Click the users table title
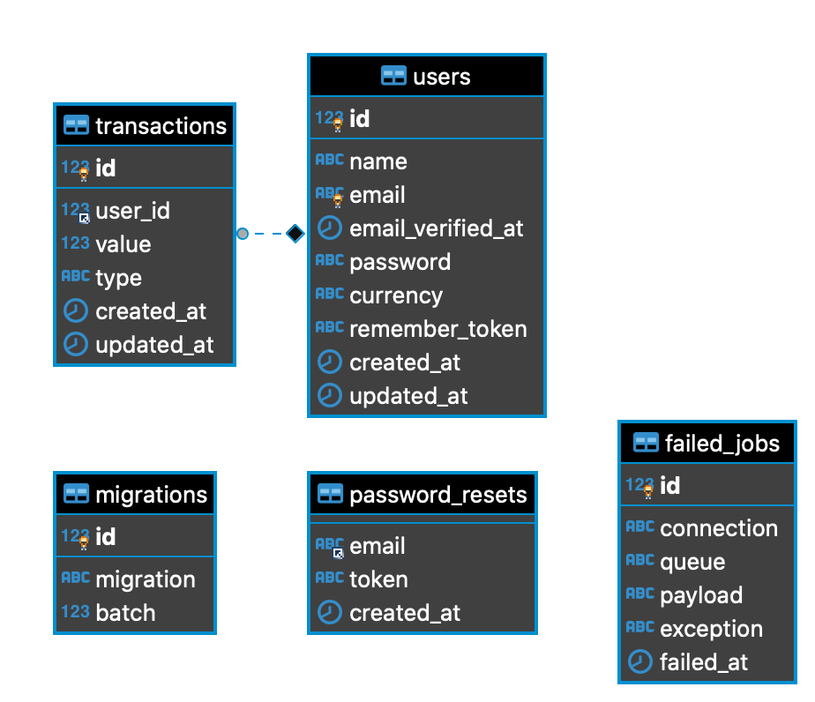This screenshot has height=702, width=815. [441, 77]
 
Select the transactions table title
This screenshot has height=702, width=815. [161, 126]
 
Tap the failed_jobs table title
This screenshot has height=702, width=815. [722, 444]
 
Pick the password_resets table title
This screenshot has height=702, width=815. [437, 495]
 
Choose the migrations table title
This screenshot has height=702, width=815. [151, 495]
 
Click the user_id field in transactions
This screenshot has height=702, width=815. [132, 211]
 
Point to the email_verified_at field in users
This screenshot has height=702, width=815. [436, 228]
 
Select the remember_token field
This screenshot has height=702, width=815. [437, 329]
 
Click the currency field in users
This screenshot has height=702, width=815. [395, 295]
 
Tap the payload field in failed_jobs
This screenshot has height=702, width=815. [700, 595]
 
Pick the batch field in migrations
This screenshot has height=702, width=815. [125, 613]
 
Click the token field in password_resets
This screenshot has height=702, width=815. [378, 579]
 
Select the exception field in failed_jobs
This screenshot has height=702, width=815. [711, 629]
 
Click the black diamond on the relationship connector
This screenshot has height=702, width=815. [295, 234]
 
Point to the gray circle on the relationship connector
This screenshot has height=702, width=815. [243, 234]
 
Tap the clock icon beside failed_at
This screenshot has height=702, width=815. [639, 662]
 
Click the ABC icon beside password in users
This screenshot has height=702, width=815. [329, 261]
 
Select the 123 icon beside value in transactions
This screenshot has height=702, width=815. [76, 243]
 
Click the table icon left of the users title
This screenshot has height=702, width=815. [393, 77]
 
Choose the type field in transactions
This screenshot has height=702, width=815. [118, 278]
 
